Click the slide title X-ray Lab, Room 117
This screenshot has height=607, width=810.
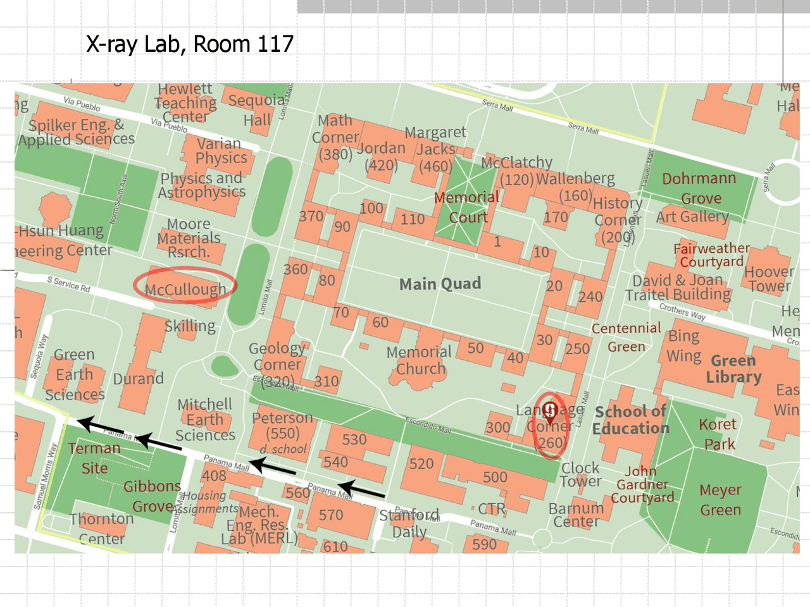click(189, 44)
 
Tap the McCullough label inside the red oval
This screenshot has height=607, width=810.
click(185, 290)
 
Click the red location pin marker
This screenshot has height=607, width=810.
click(551, 412)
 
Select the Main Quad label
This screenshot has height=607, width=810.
click(440, 284)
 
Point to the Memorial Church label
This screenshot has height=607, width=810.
click(419, 360)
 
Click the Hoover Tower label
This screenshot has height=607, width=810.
click(769, 279)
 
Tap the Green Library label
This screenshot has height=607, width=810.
click(733, 369)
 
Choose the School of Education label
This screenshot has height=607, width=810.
click(630, 420)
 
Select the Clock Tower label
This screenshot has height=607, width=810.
click(580, 475)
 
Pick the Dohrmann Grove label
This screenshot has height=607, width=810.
click(699, 188)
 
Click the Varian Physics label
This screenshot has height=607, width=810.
click(220, 150)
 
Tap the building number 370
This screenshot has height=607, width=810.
click(311, 216)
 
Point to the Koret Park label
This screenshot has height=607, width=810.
click(718, 434)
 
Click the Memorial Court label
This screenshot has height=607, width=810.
click(467, 207)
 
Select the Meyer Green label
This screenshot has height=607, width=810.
click(720, 500)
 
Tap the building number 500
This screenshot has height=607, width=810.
click(494, 477)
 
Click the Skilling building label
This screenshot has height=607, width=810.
click(190, 326)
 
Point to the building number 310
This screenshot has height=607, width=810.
click(327, 381)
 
